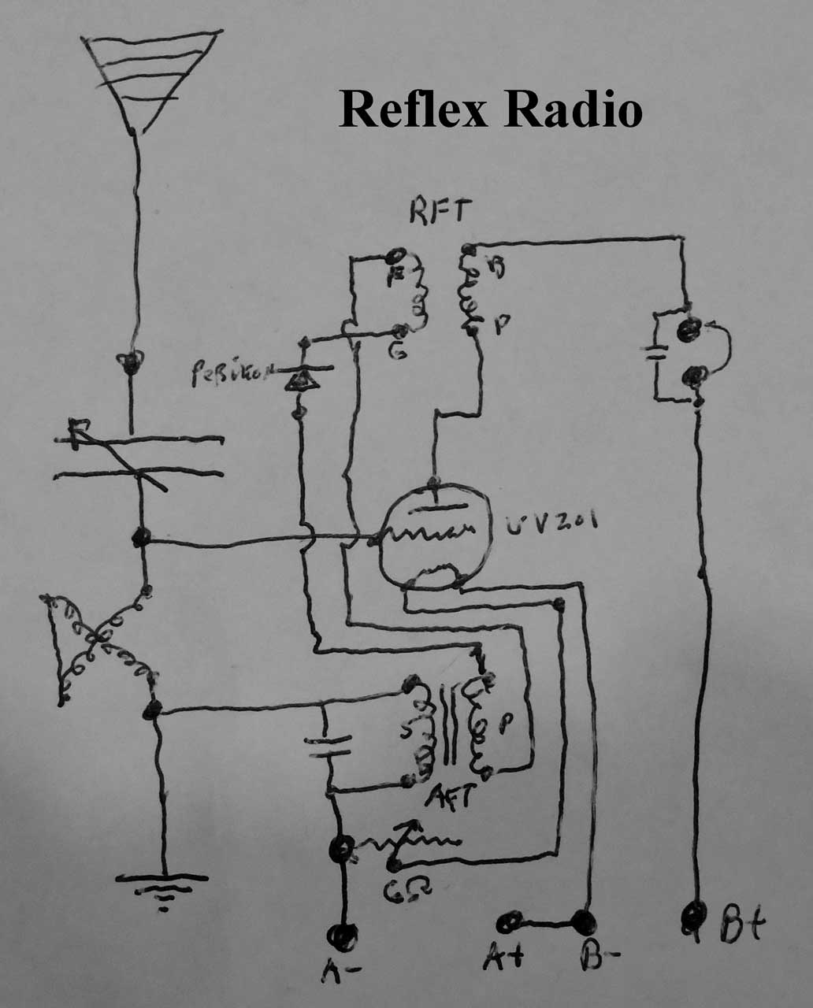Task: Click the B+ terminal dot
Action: coord(695,916)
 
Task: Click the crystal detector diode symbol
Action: coord(302,380)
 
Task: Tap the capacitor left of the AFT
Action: coord(328,747)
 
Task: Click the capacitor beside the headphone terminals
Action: coord(655,350)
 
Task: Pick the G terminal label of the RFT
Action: coord(399,354)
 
